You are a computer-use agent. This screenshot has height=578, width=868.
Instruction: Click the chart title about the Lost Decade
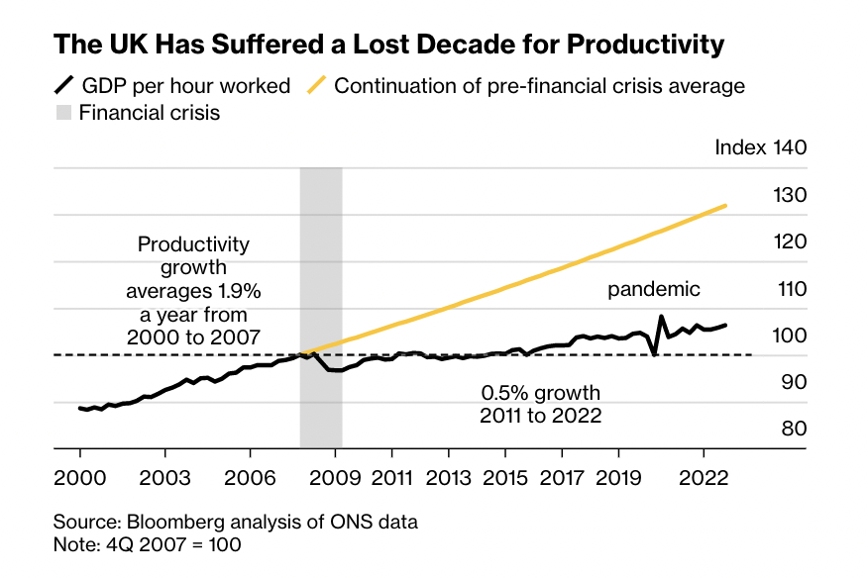pos(388,45)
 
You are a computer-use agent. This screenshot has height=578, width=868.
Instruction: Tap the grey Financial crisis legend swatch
pos(63,113)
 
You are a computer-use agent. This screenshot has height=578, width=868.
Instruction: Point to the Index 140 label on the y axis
pos(761,147)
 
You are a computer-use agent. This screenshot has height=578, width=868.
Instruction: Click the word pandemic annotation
pos(653,289)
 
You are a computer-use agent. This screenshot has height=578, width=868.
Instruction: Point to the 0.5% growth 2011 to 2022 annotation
pos(540,404)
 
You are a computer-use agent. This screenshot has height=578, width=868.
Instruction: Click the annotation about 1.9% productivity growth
pos(193,290)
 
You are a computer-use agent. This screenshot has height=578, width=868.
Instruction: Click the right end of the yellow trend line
pos(726,206)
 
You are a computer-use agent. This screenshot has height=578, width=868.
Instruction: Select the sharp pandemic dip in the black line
pos(655,353)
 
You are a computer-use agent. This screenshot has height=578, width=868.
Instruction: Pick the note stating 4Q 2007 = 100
pos(148,543)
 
